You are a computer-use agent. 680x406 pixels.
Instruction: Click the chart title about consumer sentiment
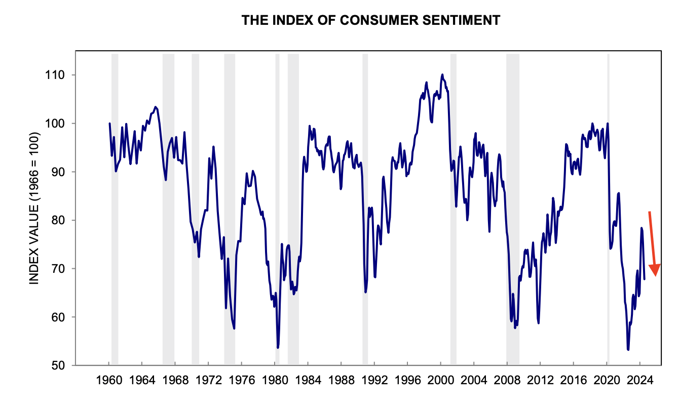(371, 20)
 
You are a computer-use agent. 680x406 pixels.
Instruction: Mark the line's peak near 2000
(442, 74)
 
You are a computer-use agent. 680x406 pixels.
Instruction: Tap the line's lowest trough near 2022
(628, 349)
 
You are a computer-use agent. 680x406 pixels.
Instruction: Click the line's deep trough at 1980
(278, 348)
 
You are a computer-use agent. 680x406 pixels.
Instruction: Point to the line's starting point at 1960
(109, 124)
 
